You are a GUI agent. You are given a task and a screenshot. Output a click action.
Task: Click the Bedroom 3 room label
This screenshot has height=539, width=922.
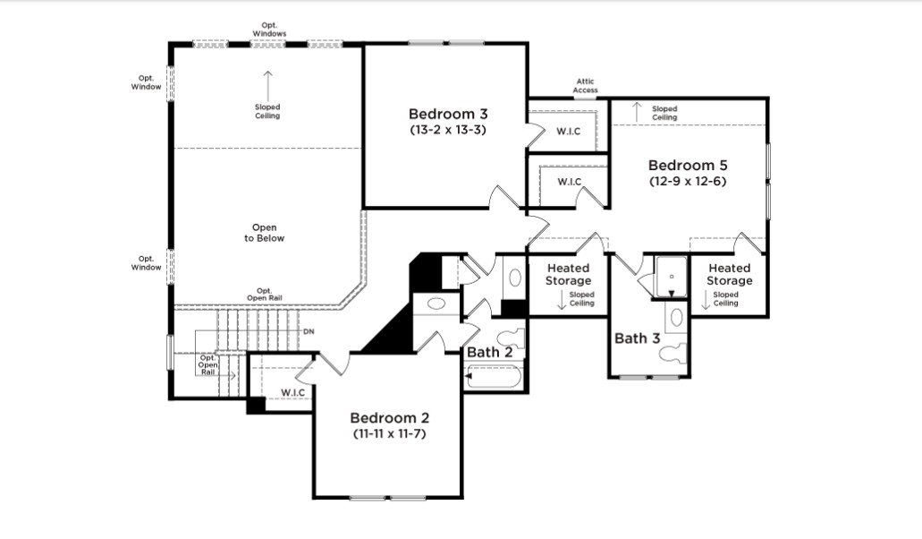pyautogui.click(x=448, y=114)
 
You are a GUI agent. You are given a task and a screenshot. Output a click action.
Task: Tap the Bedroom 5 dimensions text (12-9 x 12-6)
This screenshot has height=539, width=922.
pyautogui.click(x=688, y=181)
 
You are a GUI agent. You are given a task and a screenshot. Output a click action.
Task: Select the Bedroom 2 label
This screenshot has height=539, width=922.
pyautogui.click(x=389, y=418)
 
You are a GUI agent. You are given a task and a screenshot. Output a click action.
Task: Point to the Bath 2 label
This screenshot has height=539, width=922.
pyautogui.click(x=489, y=353)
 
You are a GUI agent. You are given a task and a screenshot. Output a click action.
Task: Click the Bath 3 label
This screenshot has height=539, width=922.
pyautogui.click(x=638, y=338)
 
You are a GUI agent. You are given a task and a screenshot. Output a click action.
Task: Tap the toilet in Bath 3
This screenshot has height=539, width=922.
pyautogui.click(x=673, y=353)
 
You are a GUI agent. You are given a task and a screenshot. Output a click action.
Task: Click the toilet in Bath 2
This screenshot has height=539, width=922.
pyautogui.click(x=511, y=338)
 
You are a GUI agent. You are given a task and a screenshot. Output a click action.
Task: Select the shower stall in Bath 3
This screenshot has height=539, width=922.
pyautogui.click(x=671, y=277)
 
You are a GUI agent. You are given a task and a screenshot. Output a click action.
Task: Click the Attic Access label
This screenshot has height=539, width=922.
pyautogui.click(x=585, y=86)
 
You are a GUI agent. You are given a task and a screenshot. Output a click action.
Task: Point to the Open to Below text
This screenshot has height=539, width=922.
pyautogui.click(x=264, y=233)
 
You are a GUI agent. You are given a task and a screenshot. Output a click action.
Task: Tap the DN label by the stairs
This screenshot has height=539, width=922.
pyautogui.click(x=309, y=332)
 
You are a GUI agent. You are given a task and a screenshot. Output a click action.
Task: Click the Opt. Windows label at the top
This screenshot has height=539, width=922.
pyautogui.click(x=269, y=30)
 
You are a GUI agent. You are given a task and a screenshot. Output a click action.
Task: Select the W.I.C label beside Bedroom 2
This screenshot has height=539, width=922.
pyautogui.click(x=292, y=392)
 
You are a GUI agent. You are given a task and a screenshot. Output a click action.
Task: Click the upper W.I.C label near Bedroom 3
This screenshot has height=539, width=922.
pyautogui.click(x=569, y=132)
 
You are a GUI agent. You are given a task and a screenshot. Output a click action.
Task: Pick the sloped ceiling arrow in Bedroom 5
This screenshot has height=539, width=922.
pyautogui.click(x=636, y=112)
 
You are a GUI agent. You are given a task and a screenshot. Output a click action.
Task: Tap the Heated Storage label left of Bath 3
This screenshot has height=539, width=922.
pyautogui.click(x=568, y=274)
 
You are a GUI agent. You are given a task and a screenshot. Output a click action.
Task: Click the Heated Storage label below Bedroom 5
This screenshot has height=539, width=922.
pyautogui.click(x=729, y=274)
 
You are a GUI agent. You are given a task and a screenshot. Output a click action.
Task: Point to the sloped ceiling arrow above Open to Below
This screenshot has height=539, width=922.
pyautogui.click(x=267, y=87)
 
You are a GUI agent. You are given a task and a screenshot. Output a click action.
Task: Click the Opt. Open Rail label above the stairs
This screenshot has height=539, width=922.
pyautogui.click(x=264, y=295)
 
